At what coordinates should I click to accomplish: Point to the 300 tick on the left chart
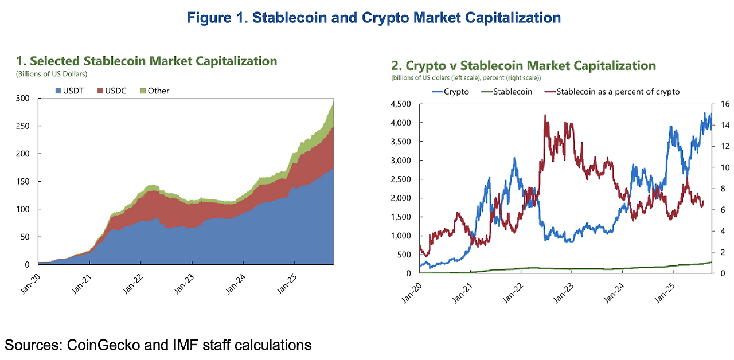[23, 99]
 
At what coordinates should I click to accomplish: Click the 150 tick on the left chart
[23, 182]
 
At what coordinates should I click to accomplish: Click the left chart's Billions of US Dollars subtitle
[51, 73]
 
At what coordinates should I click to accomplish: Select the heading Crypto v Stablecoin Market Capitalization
[523, 65]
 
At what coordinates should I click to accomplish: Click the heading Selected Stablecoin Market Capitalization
[147, 61]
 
